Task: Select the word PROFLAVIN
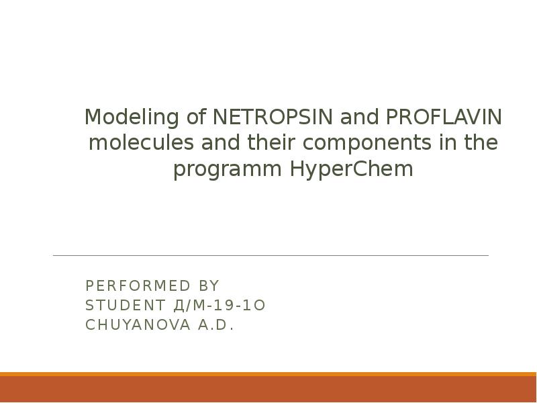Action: (442, 118)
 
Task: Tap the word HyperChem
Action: (352, 170)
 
